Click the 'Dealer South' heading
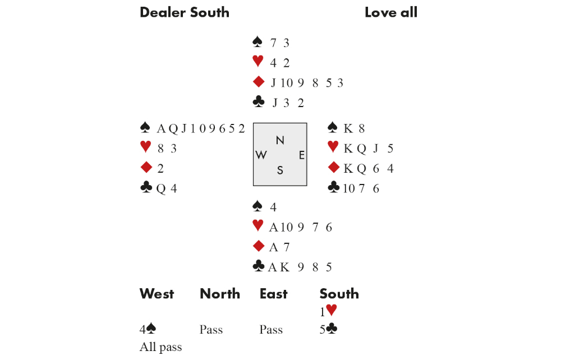pos(184,12)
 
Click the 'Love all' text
pos(390,12)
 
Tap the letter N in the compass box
pos(280,141)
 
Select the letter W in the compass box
pos(261,155)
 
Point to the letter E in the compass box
pos(302,155)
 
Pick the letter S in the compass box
pos(280,170)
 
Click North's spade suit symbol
pos(257,41)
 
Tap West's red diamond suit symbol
pos(146,167)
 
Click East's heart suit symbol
pos(333,146)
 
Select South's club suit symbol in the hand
pos(258,266)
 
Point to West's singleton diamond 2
pos(160,168)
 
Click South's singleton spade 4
pos(273,207)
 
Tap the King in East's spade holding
pos(348,128)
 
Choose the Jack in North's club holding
pos(275,103)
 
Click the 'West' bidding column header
pos(157,294)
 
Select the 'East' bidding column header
pos(274,294)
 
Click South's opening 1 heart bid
pos(328,311)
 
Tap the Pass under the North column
pos(211,329)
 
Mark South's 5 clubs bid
pos(328,329)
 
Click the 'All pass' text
pos(160,347)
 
